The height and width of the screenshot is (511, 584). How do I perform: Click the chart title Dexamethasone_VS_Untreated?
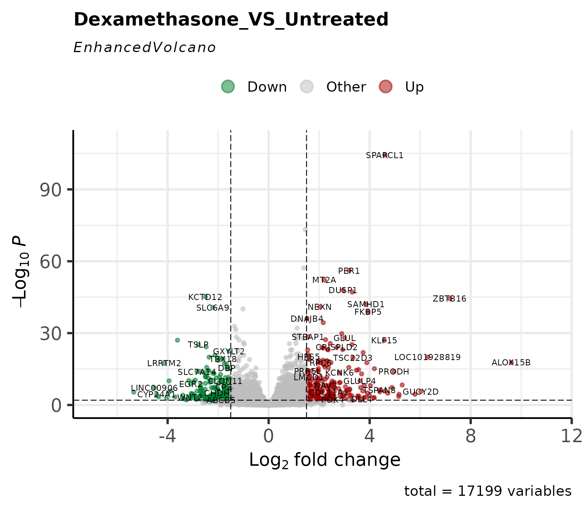231,20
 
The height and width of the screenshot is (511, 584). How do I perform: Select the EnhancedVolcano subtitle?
144,48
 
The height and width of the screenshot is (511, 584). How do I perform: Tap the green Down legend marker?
228,87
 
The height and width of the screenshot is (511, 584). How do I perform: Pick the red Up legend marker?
386,87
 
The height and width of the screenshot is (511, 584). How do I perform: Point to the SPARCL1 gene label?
384,156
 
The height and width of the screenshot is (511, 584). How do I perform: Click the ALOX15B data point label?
511,363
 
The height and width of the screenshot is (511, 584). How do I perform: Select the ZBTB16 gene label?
449,299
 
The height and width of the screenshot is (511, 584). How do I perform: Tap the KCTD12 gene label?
205,297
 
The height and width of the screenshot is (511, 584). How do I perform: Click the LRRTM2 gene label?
164,363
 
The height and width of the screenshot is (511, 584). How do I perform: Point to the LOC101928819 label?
427,357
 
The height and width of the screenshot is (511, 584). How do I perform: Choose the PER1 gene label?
349,271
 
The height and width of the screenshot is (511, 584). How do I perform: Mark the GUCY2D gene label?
421,392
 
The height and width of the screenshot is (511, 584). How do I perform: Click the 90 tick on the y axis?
50,190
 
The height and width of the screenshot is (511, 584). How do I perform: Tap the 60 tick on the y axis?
50,262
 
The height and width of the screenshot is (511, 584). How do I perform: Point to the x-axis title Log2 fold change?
325,460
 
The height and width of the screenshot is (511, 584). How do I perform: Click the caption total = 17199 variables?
488,492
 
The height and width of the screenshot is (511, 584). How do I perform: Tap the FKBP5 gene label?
368,312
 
